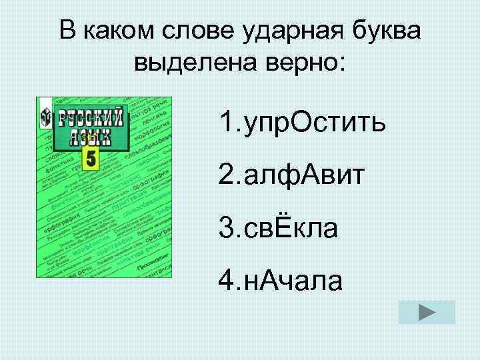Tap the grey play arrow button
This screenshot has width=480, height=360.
point(427,312)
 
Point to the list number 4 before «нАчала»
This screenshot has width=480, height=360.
point(226,281)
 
